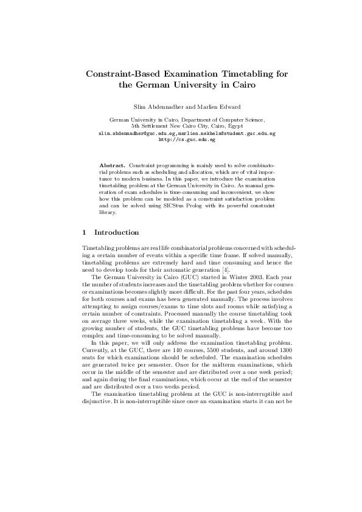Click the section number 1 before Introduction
83,233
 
